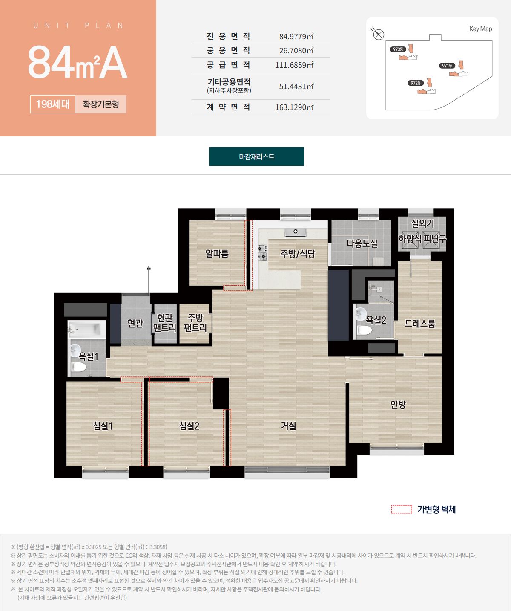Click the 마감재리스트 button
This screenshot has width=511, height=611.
click(256, 156)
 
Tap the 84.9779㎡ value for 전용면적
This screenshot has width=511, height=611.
click(296, 37)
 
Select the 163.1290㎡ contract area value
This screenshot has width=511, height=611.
click(294, 107)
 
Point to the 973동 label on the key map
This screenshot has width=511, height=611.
click(398, 49)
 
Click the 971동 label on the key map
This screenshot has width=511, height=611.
click(447, 66)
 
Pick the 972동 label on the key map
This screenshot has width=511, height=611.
click(416, 83)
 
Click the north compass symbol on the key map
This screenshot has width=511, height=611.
click(378, 34)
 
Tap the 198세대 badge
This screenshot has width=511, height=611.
click(53, 104)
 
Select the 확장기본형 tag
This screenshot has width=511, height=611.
click(101, 104)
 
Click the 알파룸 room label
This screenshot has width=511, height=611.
click(217, 253)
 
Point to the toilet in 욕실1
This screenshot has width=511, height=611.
click(79, 367)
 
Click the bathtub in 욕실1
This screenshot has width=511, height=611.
click(87, 329)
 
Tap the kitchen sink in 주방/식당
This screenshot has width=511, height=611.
click(296, 232)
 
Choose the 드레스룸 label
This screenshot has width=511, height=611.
click(420, 323)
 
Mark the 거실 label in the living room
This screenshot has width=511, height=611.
click(289, 426)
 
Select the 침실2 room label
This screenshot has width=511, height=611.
click(189, 426)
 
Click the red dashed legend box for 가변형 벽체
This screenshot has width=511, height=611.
click(402, 509)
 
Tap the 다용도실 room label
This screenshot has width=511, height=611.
click(362, 243)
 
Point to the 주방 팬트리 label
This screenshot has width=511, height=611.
click(195, 322)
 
